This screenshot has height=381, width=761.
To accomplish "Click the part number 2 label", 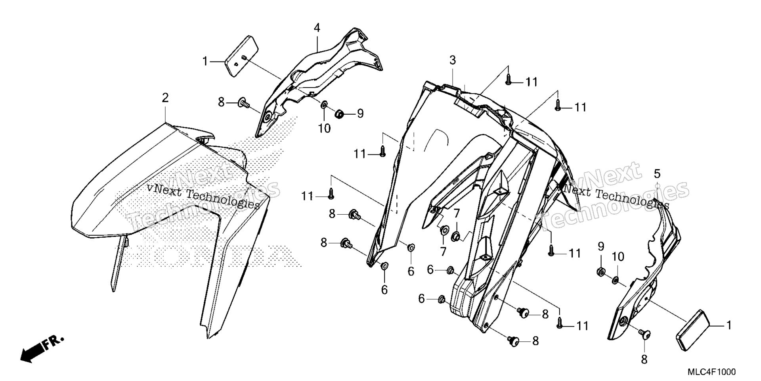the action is [165, 98].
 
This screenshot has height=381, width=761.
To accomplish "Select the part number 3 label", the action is [452, 60].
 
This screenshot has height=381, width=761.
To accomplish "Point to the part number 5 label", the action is [657, 173].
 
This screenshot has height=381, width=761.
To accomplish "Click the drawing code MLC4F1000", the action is [711, 372].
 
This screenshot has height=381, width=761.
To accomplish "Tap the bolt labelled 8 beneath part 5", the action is [644, 335].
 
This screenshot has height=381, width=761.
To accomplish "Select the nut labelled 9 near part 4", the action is [339, 114].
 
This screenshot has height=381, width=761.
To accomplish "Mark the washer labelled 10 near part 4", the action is [324, 105].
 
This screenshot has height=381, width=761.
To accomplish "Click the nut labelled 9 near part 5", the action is [601, 272].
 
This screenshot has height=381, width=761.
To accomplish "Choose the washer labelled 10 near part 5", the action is [615, 280].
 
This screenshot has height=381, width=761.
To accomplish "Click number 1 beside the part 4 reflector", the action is [205, 62].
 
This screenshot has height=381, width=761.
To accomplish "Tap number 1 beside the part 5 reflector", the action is [728, 325].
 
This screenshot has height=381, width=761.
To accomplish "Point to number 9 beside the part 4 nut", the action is [360, 114].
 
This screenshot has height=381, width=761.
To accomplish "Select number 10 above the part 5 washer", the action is [618, 257].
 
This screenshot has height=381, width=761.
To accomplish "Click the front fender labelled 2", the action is [170, 206].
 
